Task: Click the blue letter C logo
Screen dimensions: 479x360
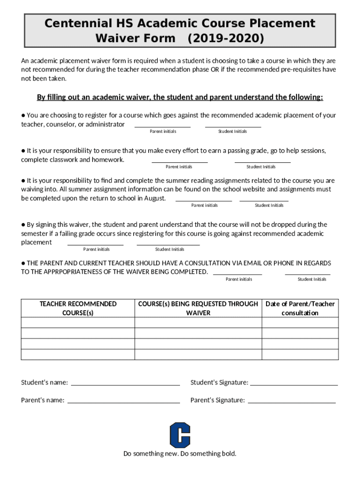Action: pyautogui.click(x=180, y=435)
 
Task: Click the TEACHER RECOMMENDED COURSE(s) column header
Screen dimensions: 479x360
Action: pyautogui.click(x=78, y=308)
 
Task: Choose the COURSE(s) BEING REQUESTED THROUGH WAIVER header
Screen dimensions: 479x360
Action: pyautogui.click(x=198, y=308)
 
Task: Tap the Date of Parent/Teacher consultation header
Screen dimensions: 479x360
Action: pyautogui.click(x=300, y=308)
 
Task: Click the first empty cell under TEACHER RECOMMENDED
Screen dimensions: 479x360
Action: pyautogui.click(x=78, y=323)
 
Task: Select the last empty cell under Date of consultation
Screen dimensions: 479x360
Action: pyautogui.click(x=300, y=354)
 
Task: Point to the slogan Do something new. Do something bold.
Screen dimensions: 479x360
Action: pyautogui.click(x=180, y=454)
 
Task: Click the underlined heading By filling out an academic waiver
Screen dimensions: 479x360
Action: pyautogui.click(x=180, y=97)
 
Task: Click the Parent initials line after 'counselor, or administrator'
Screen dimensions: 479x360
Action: pyautogui.click(x=163, y=126)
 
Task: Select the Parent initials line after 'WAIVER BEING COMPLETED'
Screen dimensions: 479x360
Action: pyautogui.click(x=238, y=274)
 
